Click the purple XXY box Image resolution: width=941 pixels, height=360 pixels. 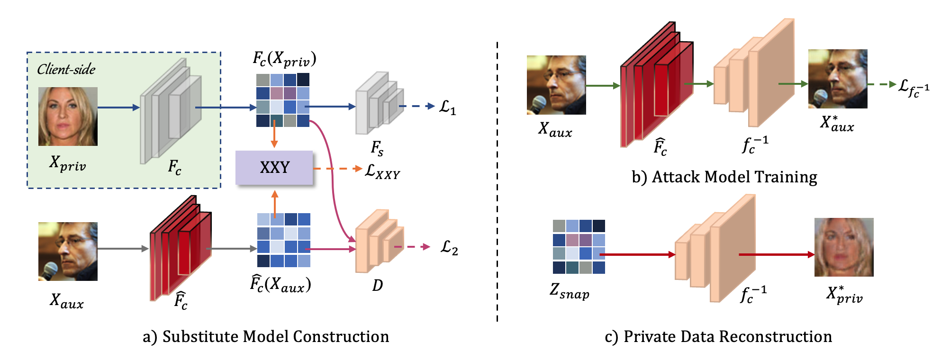[x=274, y=168]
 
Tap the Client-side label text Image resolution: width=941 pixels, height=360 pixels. [x=66, y=70]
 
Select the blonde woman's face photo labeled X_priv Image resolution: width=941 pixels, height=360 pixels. [x=68, y=116]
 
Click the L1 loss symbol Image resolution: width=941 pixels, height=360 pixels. [x=447, y=107]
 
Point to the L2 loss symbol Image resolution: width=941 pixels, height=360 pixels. [x=449, y=247]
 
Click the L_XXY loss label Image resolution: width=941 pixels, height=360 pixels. [x=382, y=171]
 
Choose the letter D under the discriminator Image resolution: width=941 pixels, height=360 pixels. [x=377, y=285]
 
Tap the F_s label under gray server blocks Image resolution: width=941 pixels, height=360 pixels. [x=377, y=148]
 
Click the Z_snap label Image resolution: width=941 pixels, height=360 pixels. [x=569, y=290]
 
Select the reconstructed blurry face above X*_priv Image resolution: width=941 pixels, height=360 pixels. [x=843, y=247]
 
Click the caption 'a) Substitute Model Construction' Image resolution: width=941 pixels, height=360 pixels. [x=266, y=336]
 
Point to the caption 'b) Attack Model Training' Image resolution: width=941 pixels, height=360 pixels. [x=724, y=177]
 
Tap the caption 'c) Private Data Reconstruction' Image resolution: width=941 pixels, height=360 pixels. [x=718, y=336]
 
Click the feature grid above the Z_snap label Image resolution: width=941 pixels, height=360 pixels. [x=579, y=246]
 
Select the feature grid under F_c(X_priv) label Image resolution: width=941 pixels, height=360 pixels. [x=282, y=100]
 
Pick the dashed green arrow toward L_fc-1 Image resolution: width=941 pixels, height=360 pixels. [x=882, y=84]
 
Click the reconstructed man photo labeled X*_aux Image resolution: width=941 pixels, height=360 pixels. [x=837, y=79]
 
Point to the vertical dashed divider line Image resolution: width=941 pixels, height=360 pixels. [x=497, y=180]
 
